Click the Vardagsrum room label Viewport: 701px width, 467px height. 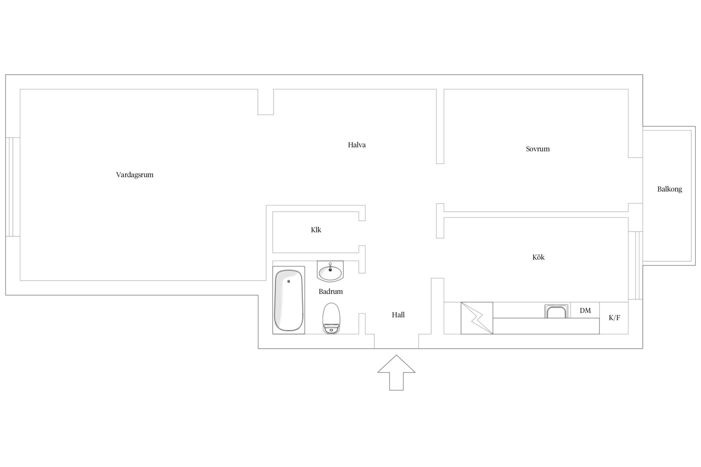click(135, 175)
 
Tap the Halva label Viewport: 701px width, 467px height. click(357, 145)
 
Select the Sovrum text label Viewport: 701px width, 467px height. click(537, 149)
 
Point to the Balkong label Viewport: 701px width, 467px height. click(669, 189)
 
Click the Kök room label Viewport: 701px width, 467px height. click(538, 257)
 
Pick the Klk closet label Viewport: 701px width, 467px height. click(316, 230)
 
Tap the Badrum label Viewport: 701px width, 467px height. click(331, 291)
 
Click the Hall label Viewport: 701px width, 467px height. click(398, 315)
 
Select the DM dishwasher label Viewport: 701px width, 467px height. click(585, 310)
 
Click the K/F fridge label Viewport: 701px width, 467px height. click(614, 318)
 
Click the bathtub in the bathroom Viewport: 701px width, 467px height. click(289, 300)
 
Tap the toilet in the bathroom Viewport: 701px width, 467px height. click(331, 318)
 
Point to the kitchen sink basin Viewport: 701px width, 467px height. click(556, 311)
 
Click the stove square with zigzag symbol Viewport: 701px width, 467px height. click(477, 318)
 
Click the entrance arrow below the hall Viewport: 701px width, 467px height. click(396, 373)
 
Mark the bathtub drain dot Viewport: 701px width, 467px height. click(289, 281)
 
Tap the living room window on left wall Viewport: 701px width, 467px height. click(13, 187)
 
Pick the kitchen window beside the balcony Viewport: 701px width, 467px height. click(636, 265)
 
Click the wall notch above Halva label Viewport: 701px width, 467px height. click(266, 102)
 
